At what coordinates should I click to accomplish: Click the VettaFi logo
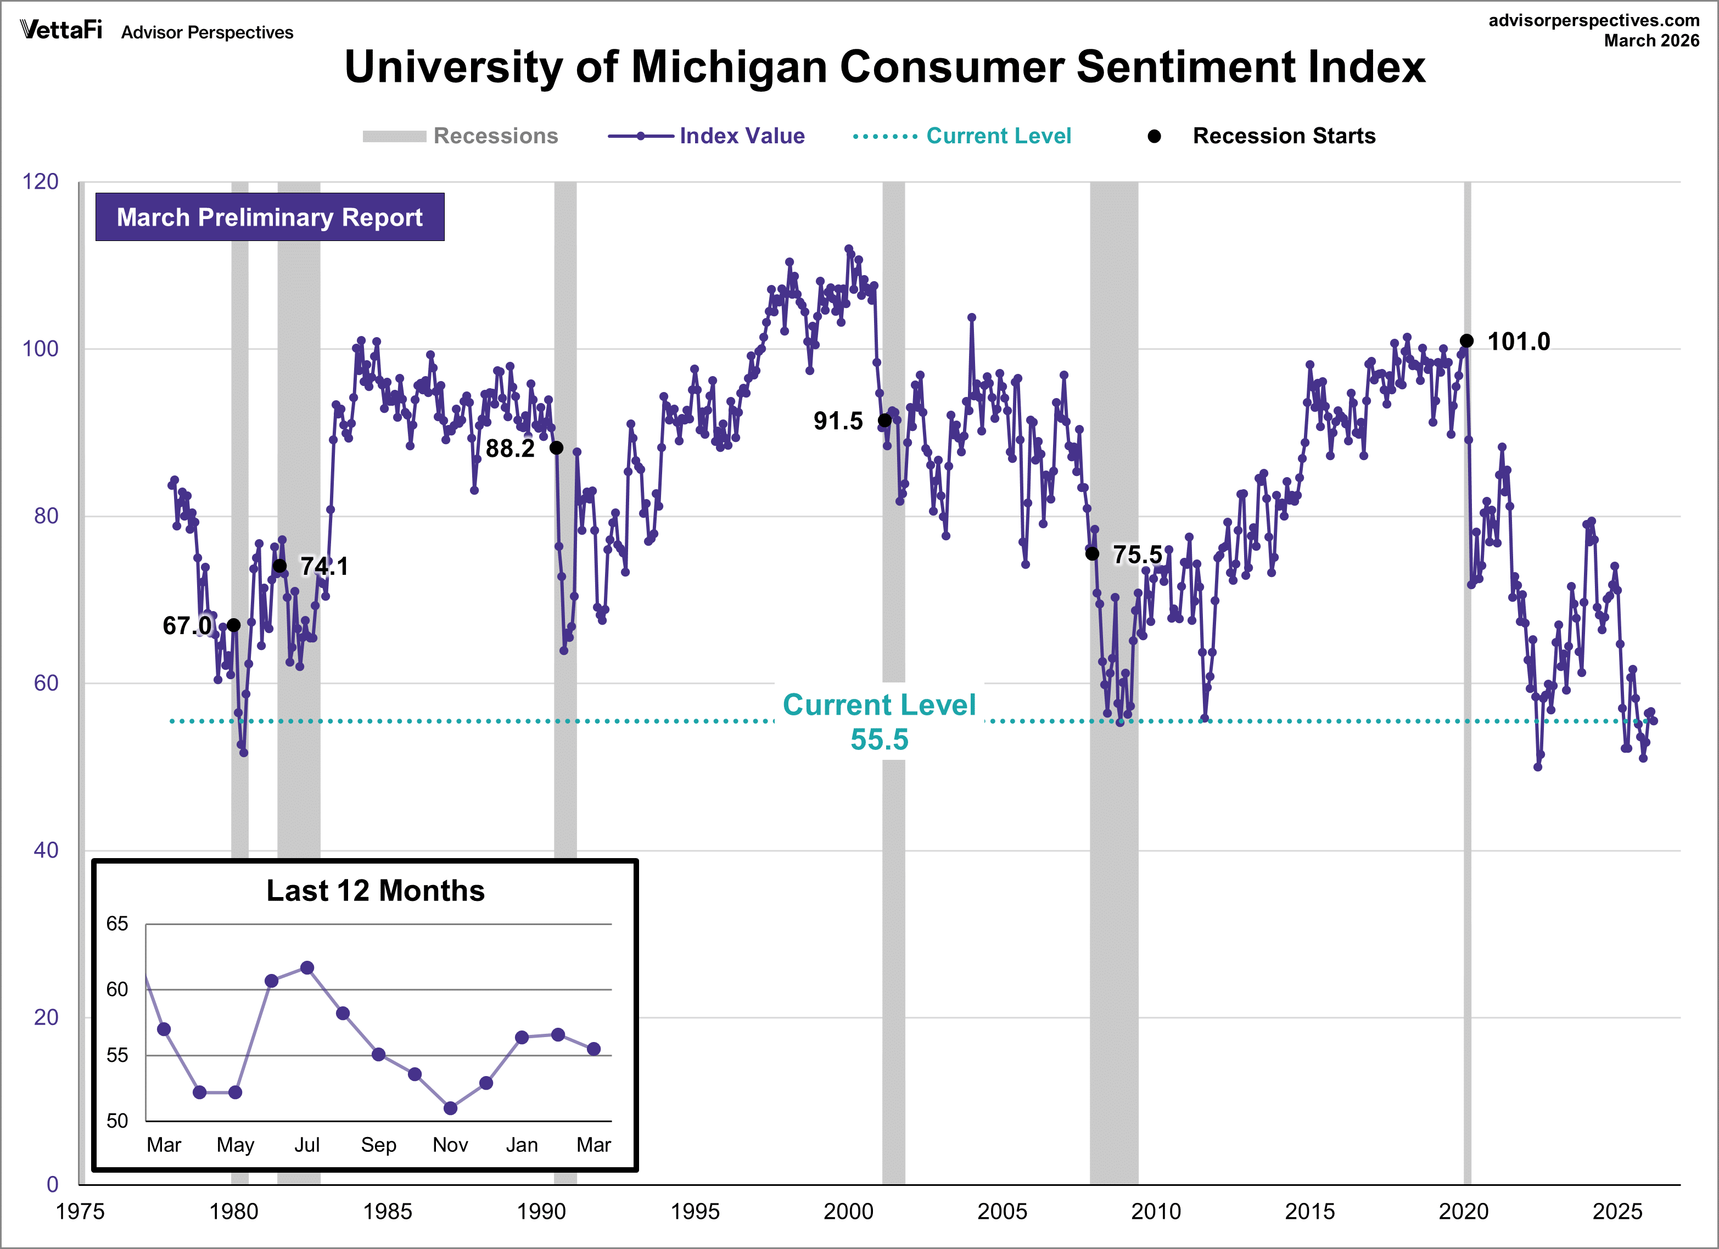pos(60,30)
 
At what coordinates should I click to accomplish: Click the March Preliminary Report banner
pos(269,217)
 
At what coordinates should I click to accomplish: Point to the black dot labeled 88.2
pos(556,448)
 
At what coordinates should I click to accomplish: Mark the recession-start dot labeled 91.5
pos(884,421)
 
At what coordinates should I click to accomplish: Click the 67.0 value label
pos(187,626)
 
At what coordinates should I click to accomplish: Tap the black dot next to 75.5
pos(1092,554)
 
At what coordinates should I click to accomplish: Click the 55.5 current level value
pos(879,740)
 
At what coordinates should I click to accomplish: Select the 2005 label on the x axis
pos(1002,1211)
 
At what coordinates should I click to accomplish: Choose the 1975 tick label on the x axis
pos(80,1211)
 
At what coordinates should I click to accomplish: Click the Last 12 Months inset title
pos(375,890)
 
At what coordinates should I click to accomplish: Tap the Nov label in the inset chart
pos(450,1144)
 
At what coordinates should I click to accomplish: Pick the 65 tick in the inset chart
pos(117,924)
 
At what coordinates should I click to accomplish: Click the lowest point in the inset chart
pos(450,1108)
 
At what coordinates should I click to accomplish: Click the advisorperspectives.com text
pos(1594,20)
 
